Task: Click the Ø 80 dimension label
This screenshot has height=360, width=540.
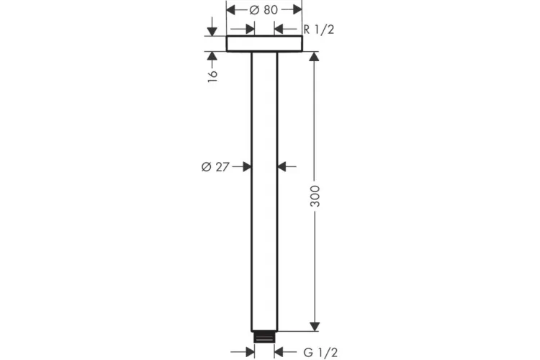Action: tap(264, 10)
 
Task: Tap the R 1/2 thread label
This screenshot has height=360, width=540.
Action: tap(318, 30)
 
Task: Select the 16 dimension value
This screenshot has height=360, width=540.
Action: tap(212, 76)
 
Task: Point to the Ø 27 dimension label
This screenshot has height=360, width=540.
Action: tap(215, 167)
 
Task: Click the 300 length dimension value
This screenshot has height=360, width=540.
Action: tap(315, 196)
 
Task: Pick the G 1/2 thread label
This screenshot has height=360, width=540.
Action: tap(320, 352)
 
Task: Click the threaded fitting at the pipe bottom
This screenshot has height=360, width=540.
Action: tap(264, 337)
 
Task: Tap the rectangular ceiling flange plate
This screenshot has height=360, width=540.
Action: tap(264, 44)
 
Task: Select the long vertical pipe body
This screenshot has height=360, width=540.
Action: tap(264, 192)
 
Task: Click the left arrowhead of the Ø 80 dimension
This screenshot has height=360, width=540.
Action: tap(230, 10)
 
